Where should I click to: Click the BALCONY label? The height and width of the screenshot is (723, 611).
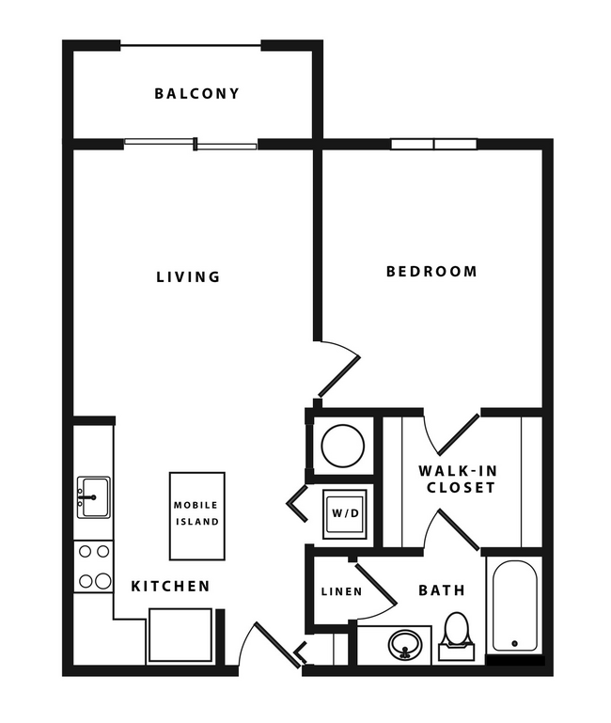[x=196, y=93]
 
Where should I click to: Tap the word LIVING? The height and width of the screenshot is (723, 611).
[x=188, y=276]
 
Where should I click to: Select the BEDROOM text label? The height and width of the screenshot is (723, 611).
[x=431, y=271]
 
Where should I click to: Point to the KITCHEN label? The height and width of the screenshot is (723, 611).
[x=170, y=586]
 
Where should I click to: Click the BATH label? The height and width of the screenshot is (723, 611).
[x=441, y=590]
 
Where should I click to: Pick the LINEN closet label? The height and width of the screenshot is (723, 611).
[x=335, y=591]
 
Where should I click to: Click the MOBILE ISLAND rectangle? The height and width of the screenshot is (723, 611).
[x=196, y=515]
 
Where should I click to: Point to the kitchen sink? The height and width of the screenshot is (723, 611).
[x=93, y=495]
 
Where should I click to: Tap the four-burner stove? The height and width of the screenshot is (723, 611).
[x=93, y=567]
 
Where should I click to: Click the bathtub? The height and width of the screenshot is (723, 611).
[x=513, y=605]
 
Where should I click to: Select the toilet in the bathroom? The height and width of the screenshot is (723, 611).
[x=456, y=632]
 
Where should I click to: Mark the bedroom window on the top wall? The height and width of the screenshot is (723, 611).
[x=433, y=144]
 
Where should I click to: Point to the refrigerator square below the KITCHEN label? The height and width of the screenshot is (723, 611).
[x=180, y=637]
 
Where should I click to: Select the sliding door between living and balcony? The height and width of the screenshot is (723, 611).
[x=191, y=144]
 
